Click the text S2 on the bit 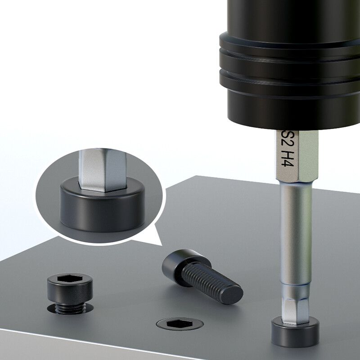pyautogui.click(x=288, y=139)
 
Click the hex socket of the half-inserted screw pyautogui.click(x=70, y=279)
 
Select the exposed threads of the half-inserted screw pyautogui.click(x=70, y=308)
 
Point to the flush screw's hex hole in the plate pyautogui.click(x=179, y=324)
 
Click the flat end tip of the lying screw pyautogui.click(x=232, y=295)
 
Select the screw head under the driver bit pyautogui.click(x=295, y=332)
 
